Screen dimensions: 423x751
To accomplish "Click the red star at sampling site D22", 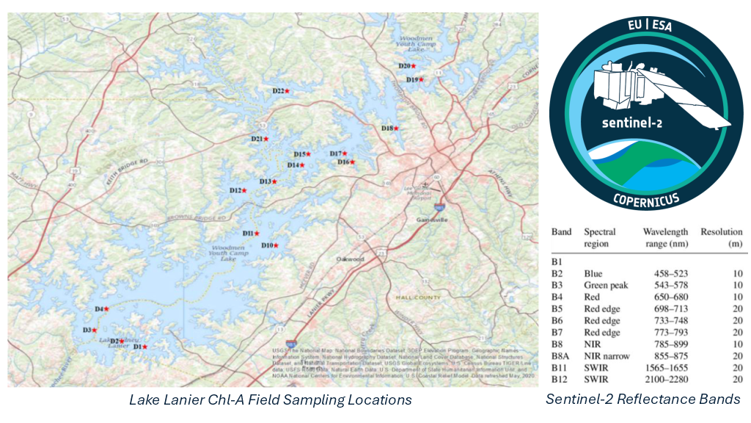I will point(288,90).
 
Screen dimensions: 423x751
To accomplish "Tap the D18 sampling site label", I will point(387,129).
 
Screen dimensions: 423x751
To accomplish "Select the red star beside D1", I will point(144,347).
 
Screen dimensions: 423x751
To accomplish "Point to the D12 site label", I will point(235,191).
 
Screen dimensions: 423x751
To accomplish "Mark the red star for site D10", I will point(276,245).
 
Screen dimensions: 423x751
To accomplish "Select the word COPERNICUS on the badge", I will point(645,198).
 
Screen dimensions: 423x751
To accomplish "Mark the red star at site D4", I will point(106,310).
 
